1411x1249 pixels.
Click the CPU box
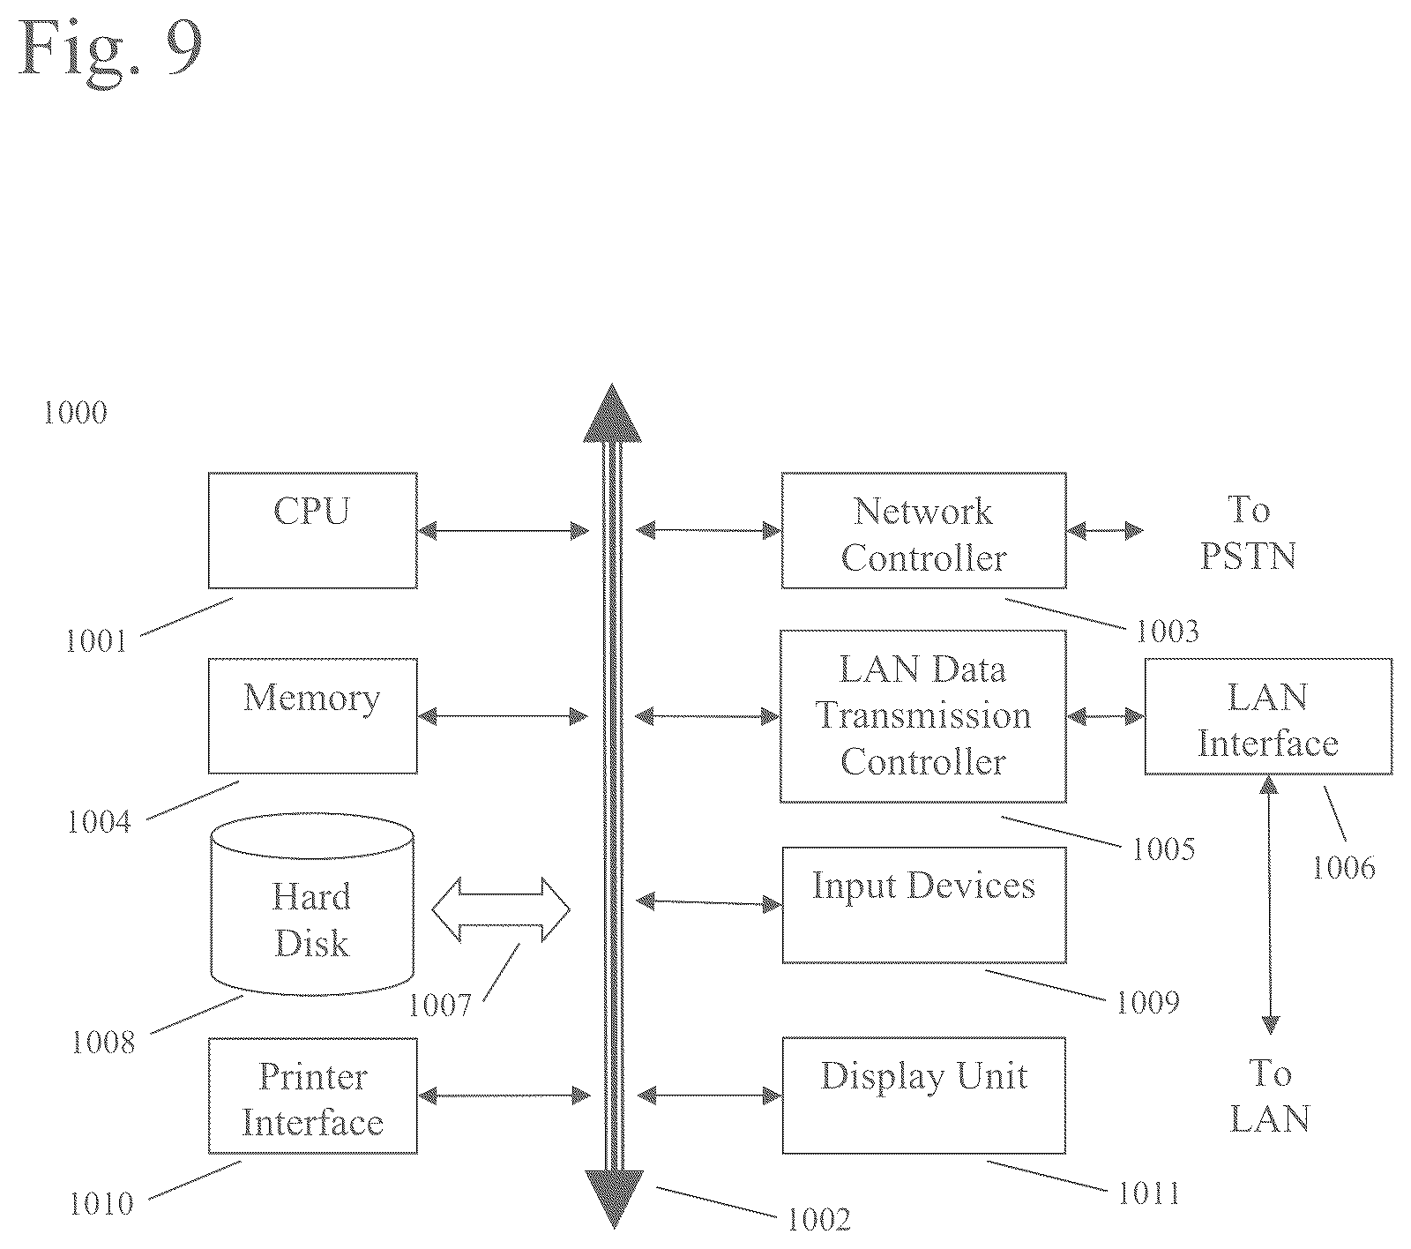(x=312, y=530)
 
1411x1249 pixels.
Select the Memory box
(x=312, y=715)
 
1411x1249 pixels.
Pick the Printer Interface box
(x=312, y=1096)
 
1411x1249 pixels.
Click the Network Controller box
(x=923, y=530)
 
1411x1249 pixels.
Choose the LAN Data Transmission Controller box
(x=923, y=715)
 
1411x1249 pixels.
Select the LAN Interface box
(x=1268, y=716)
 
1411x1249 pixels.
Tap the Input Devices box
(x=923, y=905)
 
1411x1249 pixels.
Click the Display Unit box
(x=923, y=1096)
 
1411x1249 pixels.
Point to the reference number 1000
(x=76, y=413)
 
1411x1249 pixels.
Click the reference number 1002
(x=818, y=1219)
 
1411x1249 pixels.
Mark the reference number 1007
(x=440, y=1005)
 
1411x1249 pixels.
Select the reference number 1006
(x=1344, y=868)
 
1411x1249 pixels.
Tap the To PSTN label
(x=1248, y=533)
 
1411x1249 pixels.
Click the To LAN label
(x=1269, y=1096)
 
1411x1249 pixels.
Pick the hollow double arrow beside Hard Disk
(x=501, y=909)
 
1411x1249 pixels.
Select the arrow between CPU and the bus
(x=503, y=530)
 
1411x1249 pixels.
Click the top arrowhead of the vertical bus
(x=613, y=413)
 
